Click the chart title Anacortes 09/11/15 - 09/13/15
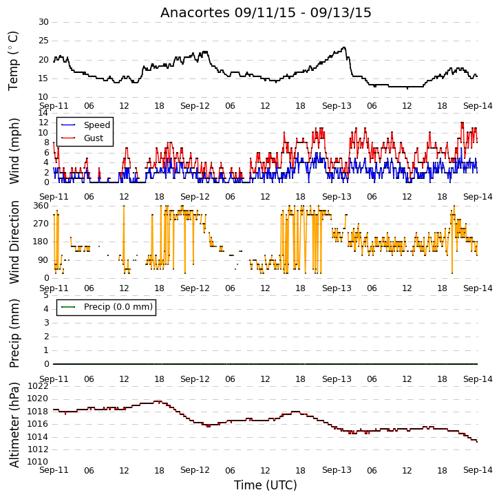point(266,12)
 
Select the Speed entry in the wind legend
point(86,125)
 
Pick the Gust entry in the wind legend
point(83,138)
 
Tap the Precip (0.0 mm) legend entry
point(107,307)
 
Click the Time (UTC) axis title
point(266,485)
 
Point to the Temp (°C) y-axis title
point(13,61)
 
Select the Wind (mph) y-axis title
point(14,151)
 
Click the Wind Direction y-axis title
point(14,242)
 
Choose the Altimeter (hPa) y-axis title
point(14,425)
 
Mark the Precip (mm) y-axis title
point(14,333)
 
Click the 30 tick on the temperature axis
point(43,22)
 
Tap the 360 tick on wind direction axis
point(41,206)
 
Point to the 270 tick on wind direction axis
point(41,224)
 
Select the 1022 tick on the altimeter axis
point(38,386)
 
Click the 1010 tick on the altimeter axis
point(38,462)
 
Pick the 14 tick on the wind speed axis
point(43,113)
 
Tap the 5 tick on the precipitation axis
point(47,295)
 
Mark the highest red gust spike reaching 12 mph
point(462,123)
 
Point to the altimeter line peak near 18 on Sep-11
point(158,401)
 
